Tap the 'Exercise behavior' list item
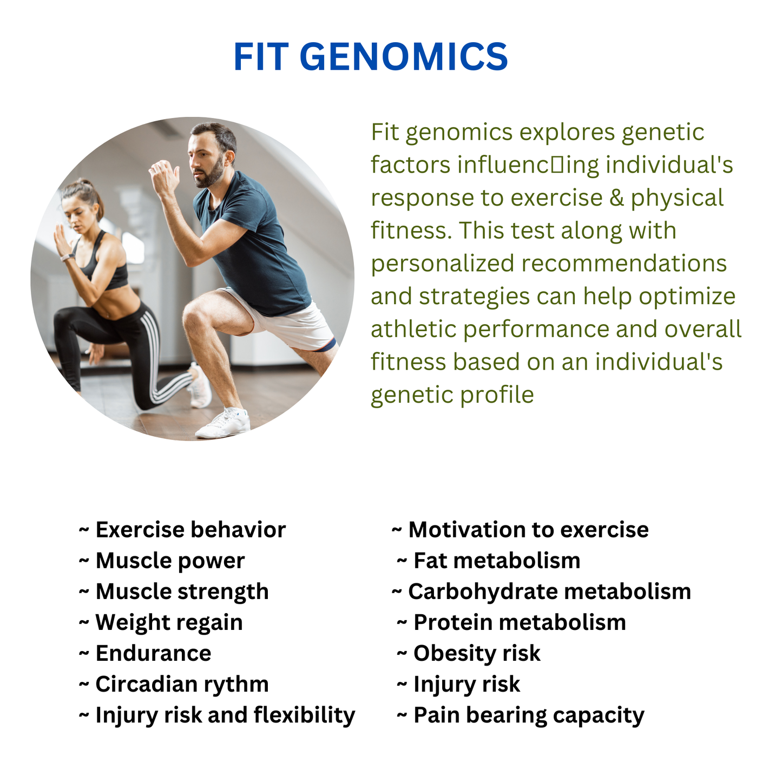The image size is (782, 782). point(182,530)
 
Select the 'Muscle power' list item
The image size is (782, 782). point(161,561)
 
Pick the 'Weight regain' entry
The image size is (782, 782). point(161,623)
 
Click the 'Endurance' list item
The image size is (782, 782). point(145,653)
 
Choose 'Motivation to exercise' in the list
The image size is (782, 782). point(520,530)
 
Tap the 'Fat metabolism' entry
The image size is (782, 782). point(489,561)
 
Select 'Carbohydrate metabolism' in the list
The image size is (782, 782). point(541,592)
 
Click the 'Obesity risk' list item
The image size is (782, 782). point(469,653)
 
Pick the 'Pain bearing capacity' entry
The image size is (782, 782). point(521,715)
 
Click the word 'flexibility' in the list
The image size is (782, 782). point(304,715)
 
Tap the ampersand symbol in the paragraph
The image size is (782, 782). point(616,198)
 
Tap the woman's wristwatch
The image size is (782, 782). point(67,257)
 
